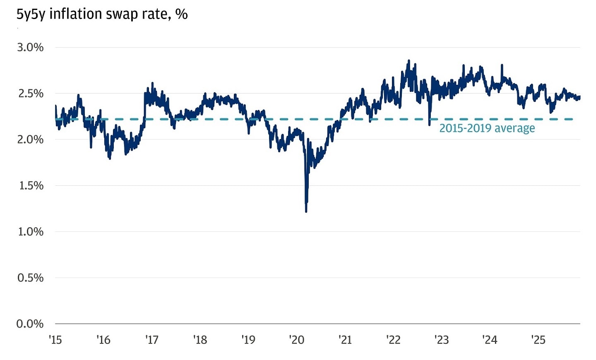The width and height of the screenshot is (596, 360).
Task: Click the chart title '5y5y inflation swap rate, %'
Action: click(x=102, y=14)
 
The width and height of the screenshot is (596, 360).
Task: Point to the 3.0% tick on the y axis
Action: click(x=30, y=47)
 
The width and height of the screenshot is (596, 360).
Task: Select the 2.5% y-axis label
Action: click(x=30, y=94)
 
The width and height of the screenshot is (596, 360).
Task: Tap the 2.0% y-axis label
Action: click(x=30, y=139)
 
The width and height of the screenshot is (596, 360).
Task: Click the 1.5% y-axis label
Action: click(x=30, y=185)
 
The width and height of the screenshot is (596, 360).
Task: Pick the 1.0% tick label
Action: click(x=30, y=231)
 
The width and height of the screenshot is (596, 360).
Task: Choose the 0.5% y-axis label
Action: click(x=30, y=278)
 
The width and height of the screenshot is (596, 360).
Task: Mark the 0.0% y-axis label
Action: click(x=30, y=324)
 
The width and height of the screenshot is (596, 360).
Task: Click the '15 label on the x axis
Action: click(x=55, y=340)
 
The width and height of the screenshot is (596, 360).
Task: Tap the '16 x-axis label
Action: click(x=103, y=340)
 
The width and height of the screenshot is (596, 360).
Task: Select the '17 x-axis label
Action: click(x=152, y=340)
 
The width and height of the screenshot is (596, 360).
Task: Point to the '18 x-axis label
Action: click(x=200, y=340)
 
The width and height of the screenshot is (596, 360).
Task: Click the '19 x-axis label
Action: click(x=248, y=340)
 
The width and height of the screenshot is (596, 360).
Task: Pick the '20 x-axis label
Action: click(x=297, y=340)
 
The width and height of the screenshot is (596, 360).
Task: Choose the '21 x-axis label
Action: click(x=345, y=340)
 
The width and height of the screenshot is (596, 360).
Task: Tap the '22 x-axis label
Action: click(x=393, y=340)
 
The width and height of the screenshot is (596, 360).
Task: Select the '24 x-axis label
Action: click(x=490, y=340)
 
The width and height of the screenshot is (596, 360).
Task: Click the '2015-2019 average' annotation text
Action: click(x=487, y=128)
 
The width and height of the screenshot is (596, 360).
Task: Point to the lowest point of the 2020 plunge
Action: click(x=306, y=211)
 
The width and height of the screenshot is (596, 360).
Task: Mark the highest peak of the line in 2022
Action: click(x=409, y=60)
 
